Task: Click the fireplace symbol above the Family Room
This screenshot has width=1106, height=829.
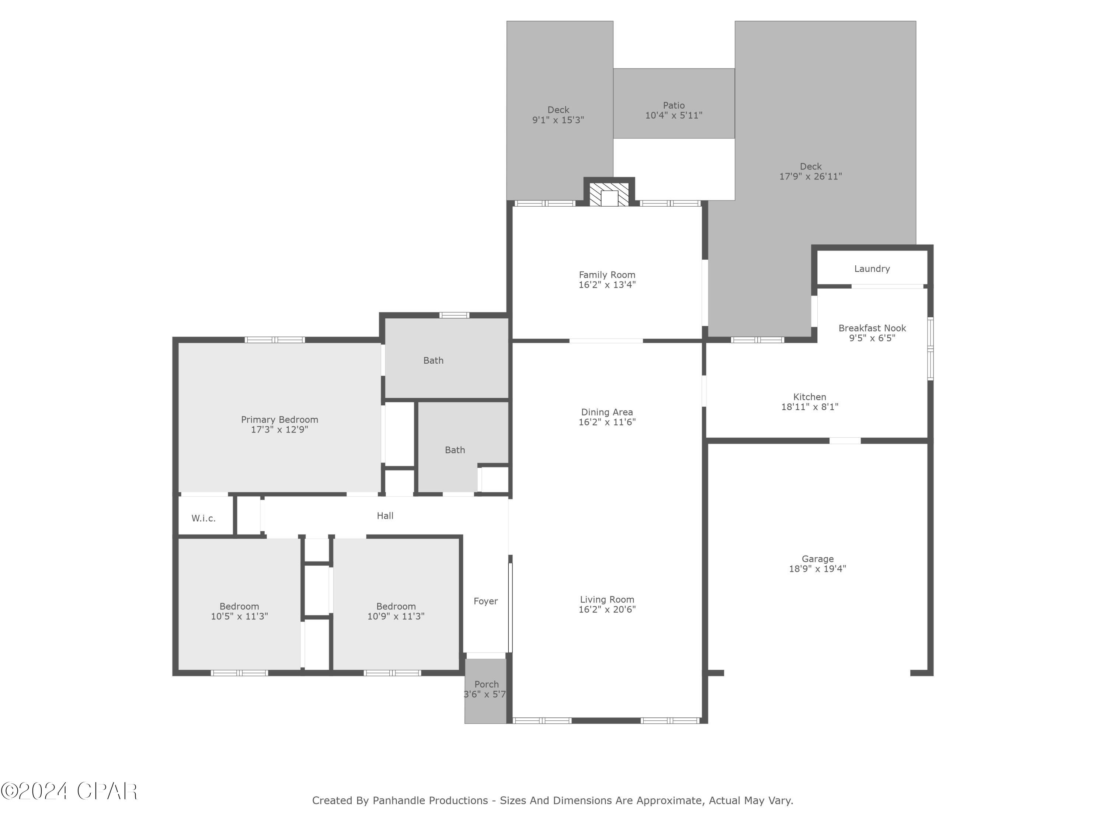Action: click(609, 195)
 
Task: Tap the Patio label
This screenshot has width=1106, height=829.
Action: click(674, 105)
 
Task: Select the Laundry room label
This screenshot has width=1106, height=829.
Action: click(872, 269)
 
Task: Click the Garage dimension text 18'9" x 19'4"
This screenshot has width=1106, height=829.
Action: click(817, 569)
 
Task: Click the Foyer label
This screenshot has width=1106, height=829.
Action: click(486, 601)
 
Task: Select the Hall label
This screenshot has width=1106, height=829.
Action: click(385, 516)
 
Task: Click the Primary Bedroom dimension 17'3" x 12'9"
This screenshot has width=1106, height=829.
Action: click(279, 430)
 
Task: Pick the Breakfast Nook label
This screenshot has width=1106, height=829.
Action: click(872, 328)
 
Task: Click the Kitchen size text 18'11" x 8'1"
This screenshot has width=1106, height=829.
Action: click(810, 407)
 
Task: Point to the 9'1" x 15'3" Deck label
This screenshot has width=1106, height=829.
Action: click(558, 120)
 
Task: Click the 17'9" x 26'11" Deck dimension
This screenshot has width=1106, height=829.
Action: click(810, 176)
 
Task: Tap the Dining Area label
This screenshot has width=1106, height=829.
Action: click(606, 412)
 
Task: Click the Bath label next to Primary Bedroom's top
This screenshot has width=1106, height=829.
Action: click(433, 360)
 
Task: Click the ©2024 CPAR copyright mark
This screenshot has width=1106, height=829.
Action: click(69, 791)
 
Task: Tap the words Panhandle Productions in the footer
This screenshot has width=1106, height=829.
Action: click(430, 801)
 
